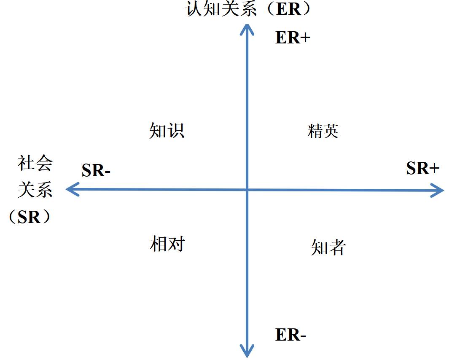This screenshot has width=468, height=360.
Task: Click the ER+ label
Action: point(293,38)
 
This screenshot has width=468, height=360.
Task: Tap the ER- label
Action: point(290,335)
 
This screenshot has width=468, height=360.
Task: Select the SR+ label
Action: point(423,169)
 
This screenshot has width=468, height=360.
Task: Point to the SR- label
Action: point(96,170)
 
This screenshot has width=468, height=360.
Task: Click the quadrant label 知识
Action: point(167,131)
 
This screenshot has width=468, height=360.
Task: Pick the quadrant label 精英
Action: point(323,131)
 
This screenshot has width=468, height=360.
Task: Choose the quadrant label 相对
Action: point(167,244)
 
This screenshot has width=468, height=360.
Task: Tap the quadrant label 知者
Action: point(328,247)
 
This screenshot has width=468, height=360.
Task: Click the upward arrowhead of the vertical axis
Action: point(247,29)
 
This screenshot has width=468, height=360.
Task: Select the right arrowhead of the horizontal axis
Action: point(438,191)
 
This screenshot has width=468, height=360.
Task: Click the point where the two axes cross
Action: point(247,190)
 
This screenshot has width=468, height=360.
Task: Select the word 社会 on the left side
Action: point(35,164)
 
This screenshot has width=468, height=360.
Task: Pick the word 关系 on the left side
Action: point(35,190)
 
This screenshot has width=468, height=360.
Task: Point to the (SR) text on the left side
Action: point(30,217)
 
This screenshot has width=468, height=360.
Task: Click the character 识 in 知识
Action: point(176,131)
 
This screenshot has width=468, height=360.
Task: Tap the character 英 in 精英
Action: point(331,131)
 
